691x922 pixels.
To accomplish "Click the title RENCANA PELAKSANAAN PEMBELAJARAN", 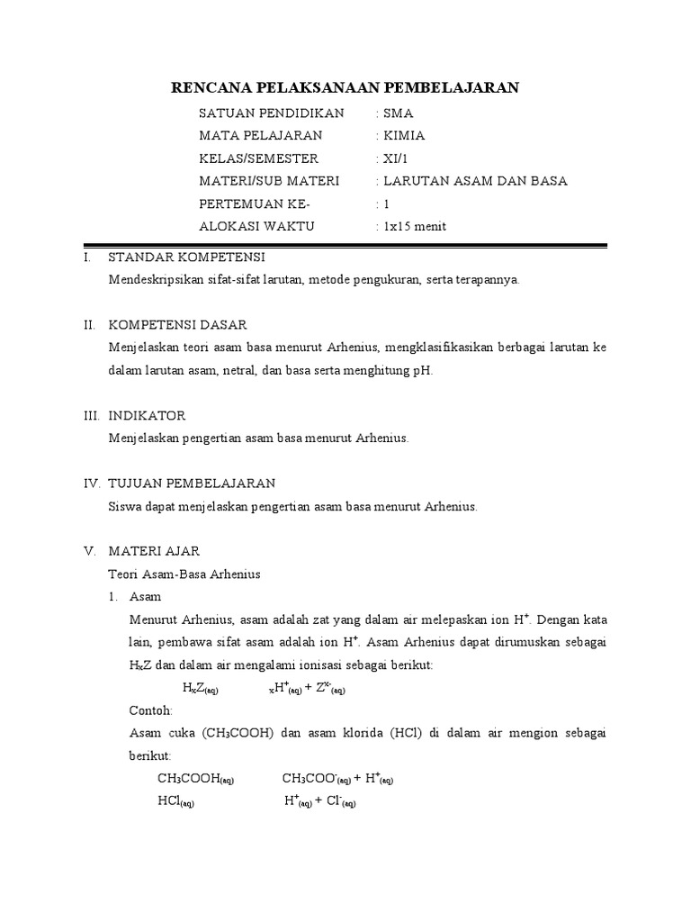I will click(x=345, y=87).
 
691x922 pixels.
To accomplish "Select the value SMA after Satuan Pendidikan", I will click(x=398, y=113).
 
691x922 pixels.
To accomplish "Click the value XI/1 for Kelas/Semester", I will click(x=396, y=158).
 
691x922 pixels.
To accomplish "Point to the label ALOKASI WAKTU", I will click(x=256, y=226).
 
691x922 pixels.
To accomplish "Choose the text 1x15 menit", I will click(x=414, y=226).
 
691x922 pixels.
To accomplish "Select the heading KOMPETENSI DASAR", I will click(x=177, y=324).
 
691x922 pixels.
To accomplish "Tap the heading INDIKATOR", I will click(x=147, y=415).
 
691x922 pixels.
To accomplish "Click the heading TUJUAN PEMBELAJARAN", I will click(x=192, y=484).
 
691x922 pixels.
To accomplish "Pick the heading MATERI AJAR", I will click(x=154, y=550).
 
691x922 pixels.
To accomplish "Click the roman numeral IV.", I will click(x=92, y=484).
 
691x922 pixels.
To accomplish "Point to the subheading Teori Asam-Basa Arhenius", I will click(x=184, y=574).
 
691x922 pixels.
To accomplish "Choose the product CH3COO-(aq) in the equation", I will click(x=316, y=779).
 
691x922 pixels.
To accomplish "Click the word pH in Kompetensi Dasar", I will click(x=423, y=370).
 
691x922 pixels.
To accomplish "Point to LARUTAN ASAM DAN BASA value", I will click(x=475, y=181).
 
